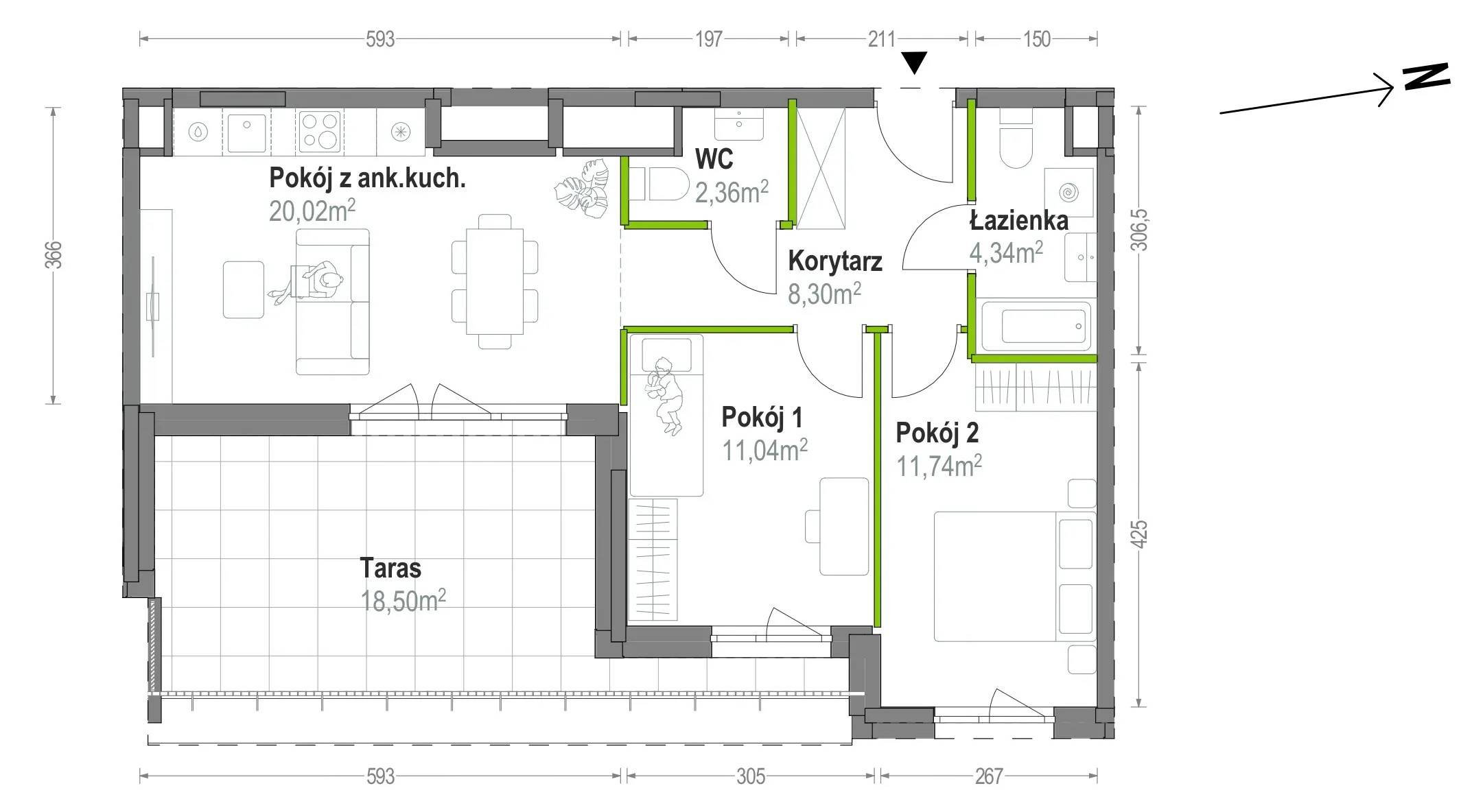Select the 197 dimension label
[709, 39]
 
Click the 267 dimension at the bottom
[989, 776]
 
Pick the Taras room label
[390, 568]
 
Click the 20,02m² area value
[312, 211]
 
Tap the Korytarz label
[834, 261]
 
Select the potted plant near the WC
[583, 189]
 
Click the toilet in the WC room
[659, 184]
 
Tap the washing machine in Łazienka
[1068, 193]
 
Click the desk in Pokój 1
[844, 526]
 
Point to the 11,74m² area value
[939, 466]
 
